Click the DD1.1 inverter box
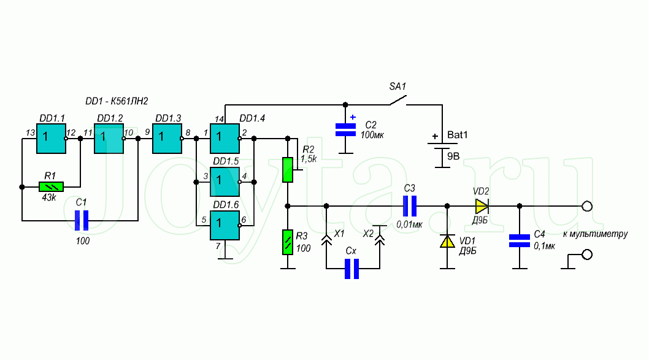pyautogui.click(x=52, y=139)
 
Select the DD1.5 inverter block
pyautogui.click(x=225, y=182)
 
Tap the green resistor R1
pyautogui.click(x=52, y=186)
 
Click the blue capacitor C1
pyautogui.click(x=82, y=221)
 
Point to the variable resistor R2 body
pyautogui.click(x=288, y=170)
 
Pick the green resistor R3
pyautogui.click(x=288, y=242)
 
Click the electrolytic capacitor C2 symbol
pyautogui.click(x=345, y=129)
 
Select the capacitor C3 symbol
pyautogui.click(x=410, y=206)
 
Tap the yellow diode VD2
pyautogui.click(x=482, y=206)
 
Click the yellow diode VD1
pyautogui.click(x=447, y=241)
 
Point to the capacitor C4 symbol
pyautogui.click(x=520, y=241)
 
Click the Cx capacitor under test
pyautogui.click(x=352, y=269)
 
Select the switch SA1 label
pyautogui.click(x=397, y=86)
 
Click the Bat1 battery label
pyautogui.click(x=458, y=135)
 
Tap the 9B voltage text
pyautogui.click(x=453, y=156)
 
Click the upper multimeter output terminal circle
pyautogui.click(x=587, y=206)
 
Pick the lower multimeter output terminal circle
pyautogui.click(x=587, y=255)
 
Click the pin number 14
pyautogui.click(x=219, y=119)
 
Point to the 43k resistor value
pyautogui.click(x=49, y=198)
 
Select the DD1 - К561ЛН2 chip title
pyautogui.click(x=117, y=101)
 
